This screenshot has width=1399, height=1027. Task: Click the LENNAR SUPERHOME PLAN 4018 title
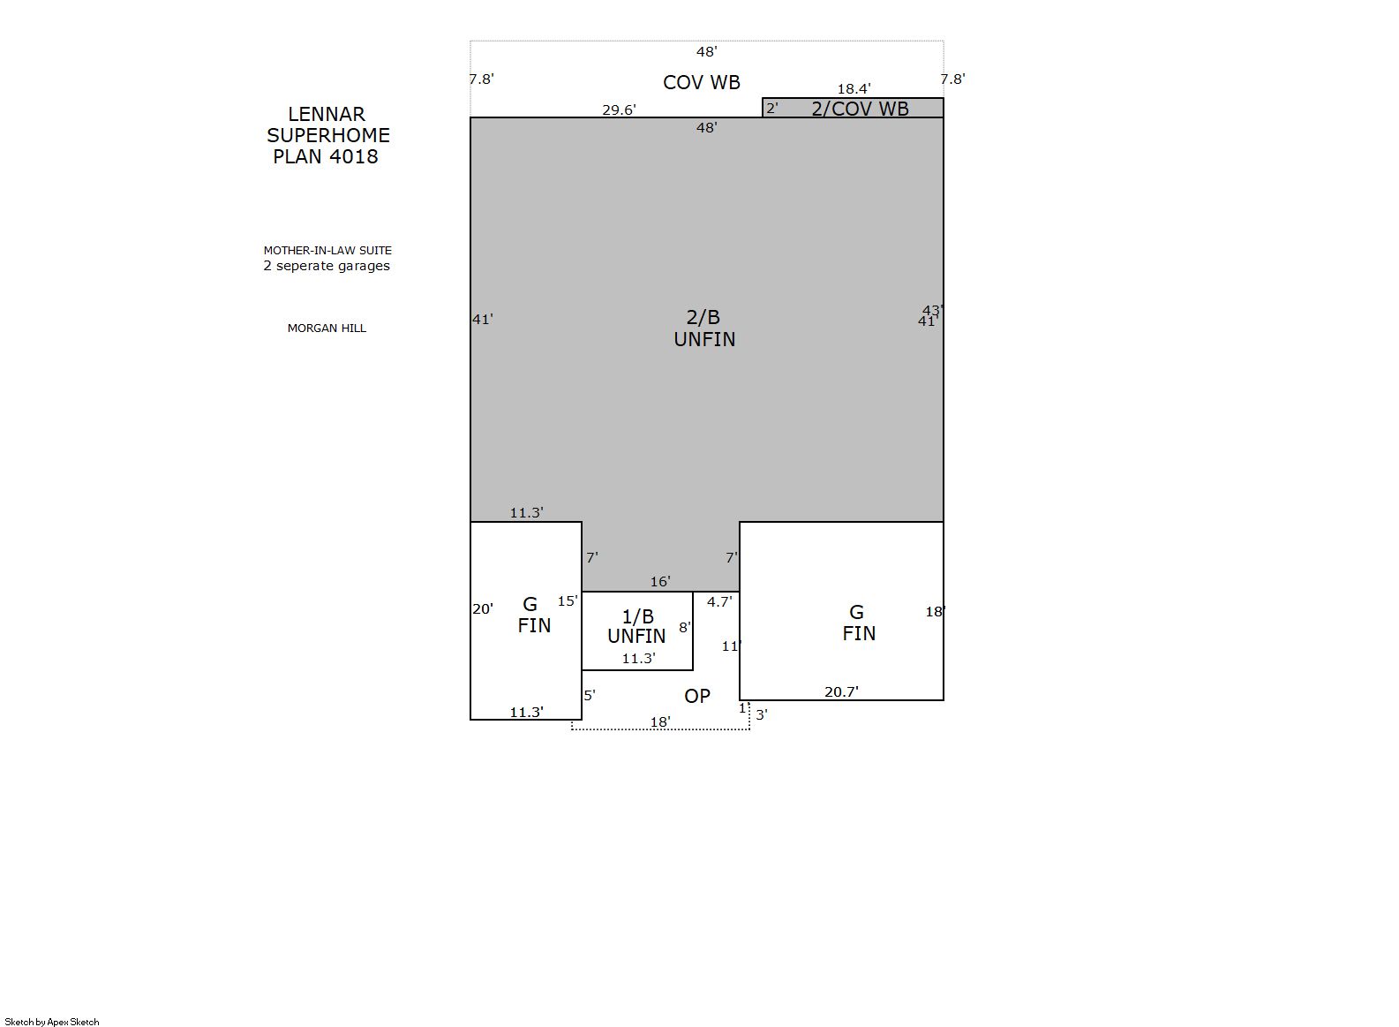click(327, 135)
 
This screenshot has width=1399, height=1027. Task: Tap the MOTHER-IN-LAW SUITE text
click(327, 251)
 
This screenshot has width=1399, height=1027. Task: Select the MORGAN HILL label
click(327, 328)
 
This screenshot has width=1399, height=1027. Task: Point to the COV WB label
click(702, 82)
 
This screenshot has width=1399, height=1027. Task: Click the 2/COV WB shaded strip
click(853, 108)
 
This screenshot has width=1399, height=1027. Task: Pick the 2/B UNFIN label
click(703, 328)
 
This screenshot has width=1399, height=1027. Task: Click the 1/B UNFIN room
click(637, 631)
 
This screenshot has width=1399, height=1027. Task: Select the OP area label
click(697, 696)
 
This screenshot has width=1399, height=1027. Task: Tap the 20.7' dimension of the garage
click(841, 691)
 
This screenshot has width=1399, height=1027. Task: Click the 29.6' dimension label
click(619, 110)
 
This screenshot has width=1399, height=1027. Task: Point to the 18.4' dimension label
click(854, 88)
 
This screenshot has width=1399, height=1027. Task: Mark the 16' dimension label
click(660, 582)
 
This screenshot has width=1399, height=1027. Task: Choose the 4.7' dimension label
click(718, 601)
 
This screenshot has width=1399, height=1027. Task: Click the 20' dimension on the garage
click(483, 608)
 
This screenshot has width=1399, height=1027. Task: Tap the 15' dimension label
click(568, 601)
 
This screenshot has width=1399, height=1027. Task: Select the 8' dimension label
click(685, 627)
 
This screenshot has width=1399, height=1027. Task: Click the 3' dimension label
click(762, 714)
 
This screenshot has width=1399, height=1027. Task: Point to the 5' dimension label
click(590, 695)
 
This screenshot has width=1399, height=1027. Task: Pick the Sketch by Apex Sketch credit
click(52, 1022)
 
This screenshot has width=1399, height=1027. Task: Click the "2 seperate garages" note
click(327, 266)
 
